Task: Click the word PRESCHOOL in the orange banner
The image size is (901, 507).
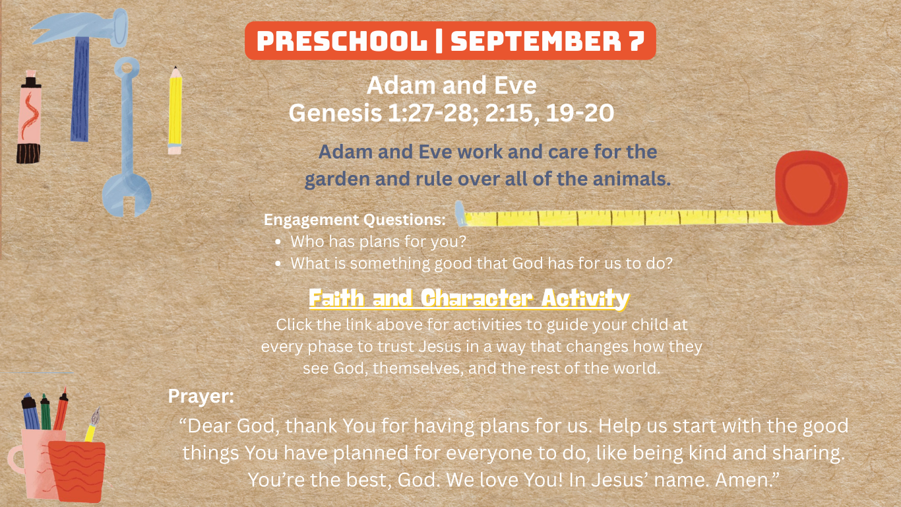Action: tap(342, 41)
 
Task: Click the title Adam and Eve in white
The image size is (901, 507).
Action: tap(452, 85)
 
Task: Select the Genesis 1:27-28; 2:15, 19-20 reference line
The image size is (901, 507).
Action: tap(451, 113)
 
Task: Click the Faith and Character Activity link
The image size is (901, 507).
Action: tap(469, 298)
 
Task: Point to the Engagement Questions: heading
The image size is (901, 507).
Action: tap(355, 220)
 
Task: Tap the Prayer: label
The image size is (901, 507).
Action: tap(201, 396)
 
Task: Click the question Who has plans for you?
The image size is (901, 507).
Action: tap(378, 242)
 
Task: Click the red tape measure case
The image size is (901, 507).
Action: tap(811, 187)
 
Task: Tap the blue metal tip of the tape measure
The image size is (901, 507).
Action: tap(460, 213)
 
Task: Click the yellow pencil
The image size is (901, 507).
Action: tap(175, 110)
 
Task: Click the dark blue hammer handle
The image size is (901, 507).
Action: tap(80, 89)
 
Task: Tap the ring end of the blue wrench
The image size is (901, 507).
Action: tap(127, 68)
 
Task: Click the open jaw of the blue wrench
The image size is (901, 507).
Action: tap(127, 195)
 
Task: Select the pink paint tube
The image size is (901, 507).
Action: tap(29, 117)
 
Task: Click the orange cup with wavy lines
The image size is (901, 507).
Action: tap(77, 471)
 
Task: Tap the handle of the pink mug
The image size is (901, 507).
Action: tap(16, 459)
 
